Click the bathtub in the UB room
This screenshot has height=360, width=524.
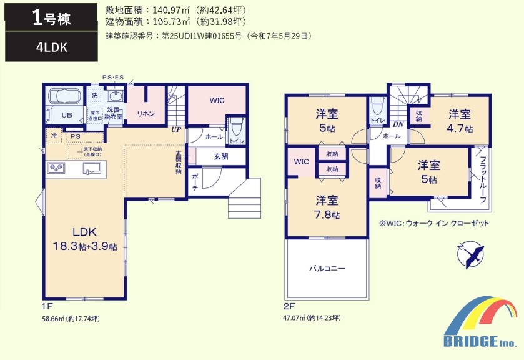point(65,96)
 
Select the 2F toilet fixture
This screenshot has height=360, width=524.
point(377,106)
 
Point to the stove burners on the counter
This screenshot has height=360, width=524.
point(56,167)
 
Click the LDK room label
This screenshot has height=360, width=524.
point(84,231)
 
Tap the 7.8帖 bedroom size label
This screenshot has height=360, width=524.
point(327,214)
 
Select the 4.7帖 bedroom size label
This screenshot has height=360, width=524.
point(460,129)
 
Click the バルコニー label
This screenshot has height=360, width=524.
point(327,268)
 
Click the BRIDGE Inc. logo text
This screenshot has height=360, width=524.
point(479,341)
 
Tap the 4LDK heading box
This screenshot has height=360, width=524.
point(51,47)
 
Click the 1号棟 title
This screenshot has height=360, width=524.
point(51,18)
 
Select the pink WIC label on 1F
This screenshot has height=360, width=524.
point(217,100)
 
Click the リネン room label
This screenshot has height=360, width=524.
point(146,114)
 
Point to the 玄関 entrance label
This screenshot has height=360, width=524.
point(221,156)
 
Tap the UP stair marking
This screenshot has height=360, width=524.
point(176,129)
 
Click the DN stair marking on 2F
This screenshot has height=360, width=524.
point(398,124)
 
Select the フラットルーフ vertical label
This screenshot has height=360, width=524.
point(483,179)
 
